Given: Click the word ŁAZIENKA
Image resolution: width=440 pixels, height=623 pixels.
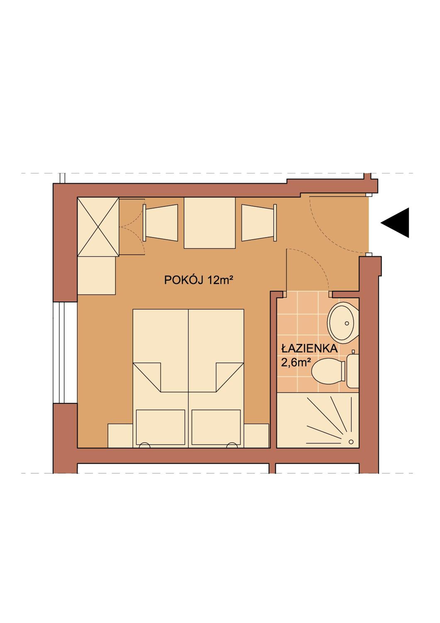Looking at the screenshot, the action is pos(309,349).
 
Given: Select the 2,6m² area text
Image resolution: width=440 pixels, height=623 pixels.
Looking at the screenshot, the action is pos(296,363).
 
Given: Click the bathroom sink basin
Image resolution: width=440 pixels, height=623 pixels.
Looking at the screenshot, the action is pos(343,321).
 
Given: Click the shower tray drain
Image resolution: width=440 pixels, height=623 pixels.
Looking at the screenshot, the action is pos(351,442).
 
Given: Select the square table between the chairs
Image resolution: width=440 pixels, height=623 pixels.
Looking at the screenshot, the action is pos(210,223).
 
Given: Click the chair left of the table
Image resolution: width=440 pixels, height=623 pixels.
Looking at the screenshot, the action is pos(160,222).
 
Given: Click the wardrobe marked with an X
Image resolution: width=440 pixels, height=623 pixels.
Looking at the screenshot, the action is pos(98,227).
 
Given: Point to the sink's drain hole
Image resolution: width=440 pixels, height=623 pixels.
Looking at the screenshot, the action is pos(347,323).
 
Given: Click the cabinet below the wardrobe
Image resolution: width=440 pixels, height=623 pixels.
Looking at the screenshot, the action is pos(97,275).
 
